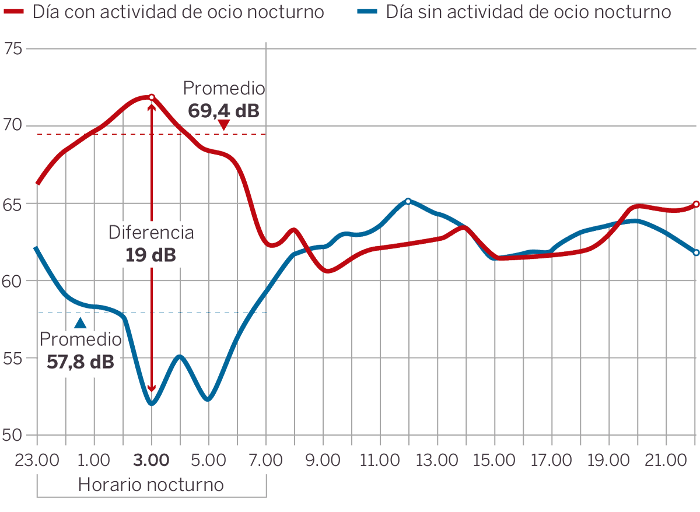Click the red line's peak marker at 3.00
[x=152, y=97]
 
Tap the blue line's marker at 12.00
[x=408, y=201]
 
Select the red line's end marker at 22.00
[x=696, y=204]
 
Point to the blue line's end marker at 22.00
[x=696, y=253]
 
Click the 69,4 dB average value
[x=223, y=110]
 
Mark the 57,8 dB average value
[x=80, y=362]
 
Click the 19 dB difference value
[x=150, y=255]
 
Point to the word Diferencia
[x=151, y=233]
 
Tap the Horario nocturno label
[x=151, y=485]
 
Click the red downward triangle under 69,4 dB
[x=223, y=125]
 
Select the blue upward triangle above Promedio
[x=80, y=322]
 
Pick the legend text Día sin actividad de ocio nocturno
[x=528, y=12]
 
